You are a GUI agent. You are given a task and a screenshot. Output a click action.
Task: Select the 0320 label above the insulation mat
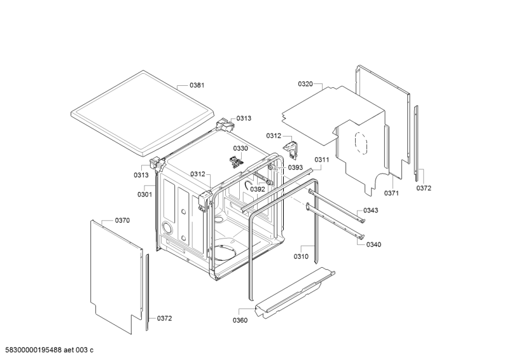(306, 84)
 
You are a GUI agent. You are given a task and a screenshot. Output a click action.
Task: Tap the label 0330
(240, 148)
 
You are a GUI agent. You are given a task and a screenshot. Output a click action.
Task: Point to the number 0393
(295, 168)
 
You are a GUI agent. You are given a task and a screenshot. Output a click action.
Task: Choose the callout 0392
(258, 189)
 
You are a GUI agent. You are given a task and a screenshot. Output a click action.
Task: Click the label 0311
(321, 160)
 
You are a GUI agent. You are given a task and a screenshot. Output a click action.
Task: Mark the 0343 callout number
(371, 211)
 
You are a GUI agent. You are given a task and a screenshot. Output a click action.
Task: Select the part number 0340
(374, 245)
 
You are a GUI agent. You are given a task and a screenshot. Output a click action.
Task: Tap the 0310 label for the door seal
(301, 256)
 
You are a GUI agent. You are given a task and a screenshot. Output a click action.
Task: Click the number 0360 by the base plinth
(241, 320)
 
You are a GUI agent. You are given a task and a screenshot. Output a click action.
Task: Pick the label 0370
(122, 220)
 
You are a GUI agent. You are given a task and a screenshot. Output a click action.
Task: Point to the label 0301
(144, 194)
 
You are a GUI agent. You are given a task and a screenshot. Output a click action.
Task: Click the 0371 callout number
(391, 193)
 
